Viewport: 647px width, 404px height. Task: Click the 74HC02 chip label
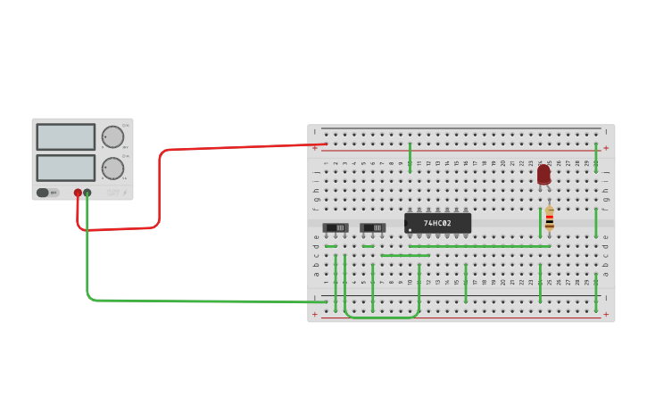tap(437, 223)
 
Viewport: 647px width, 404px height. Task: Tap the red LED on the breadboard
tap(543, 173)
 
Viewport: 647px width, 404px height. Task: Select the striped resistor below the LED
tap(550, 218)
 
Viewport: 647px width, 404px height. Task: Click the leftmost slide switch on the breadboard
tap(336, 227)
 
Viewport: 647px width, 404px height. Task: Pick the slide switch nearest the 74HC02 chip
tap(373, 227)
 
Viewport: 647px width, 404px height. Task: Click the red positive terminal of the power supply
tap(78, 193)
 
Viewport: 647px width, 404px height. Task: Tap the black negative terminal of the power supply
tap(87, 193)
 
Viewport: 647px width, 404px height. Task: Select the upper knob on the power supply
tap(112, 136)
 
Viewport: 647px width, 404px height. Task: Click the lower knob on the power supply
tap(112, 168)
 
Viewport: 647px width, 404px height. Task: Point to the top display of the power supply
tap(65, 136)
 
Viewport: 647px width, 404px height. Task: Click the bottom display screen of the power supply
tap(65, 168)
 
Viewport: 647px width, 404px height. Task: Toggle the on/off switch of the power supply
tap(43, 193)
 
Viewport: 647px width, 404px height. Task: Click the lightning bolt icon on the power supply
tap(125, 193)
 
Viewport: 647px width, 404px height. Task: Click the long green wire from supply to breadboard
tap(196, 301)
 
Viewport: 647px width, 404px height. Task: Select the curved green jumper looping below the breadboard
tap(382, 317)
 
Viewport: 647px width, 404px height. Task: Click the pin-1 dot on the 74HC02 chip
tap(411, 230)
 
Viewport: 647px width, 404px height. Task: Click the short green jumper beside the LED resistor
tap(540, 222)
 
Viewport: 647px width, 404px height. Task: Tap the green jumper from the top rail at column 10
tap(410, 156)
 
